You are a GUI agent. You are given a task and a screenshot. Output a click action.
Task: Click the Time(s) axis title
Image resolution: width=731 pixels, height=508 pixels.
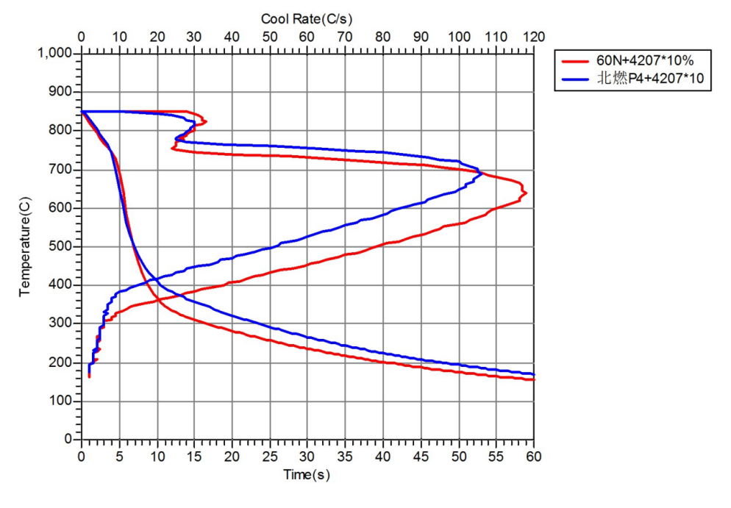click(x=307, y=475)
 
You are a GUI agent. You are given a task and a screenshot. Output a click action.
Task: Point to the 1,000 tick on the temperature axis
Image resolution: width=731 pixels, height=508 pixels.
click(x=56, y=54)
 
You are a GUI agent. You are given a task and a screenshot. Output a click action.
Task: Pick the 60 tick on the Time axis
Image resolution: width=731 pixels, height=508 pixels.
click(x=534, y=456)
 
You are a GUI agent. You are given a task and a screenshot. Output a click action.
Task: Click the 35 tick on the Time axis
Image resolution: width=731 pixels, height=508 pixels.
click(x=345, y=456)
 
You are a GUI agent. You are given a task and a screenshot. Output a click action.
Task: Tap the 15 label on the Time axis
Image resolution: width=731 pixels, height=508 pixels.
click(x=194, y=456)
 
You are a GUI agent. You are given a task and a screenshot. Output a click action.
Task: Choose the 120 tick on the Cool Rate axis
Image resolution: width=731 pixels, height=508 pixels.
click(x=534, y=37)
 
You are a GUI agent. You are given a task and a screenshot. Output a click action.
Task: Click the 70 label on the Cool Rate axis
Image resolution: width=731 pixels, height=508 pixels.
click(x=345, y=37)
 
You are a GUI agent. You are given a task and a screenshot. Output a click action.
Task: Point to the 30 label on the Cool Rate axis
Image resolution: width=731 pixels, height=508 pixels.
click(x=194, y=37)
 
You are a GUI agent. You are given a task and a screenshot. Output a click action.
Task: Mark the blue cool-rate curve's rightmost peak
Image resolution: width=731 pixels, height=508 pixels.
click(x=482, y=174)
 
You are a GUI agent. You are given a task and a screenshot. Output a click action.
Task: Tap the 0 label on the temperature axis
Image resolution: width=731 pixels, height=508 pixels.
click(x=70, y=440)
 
